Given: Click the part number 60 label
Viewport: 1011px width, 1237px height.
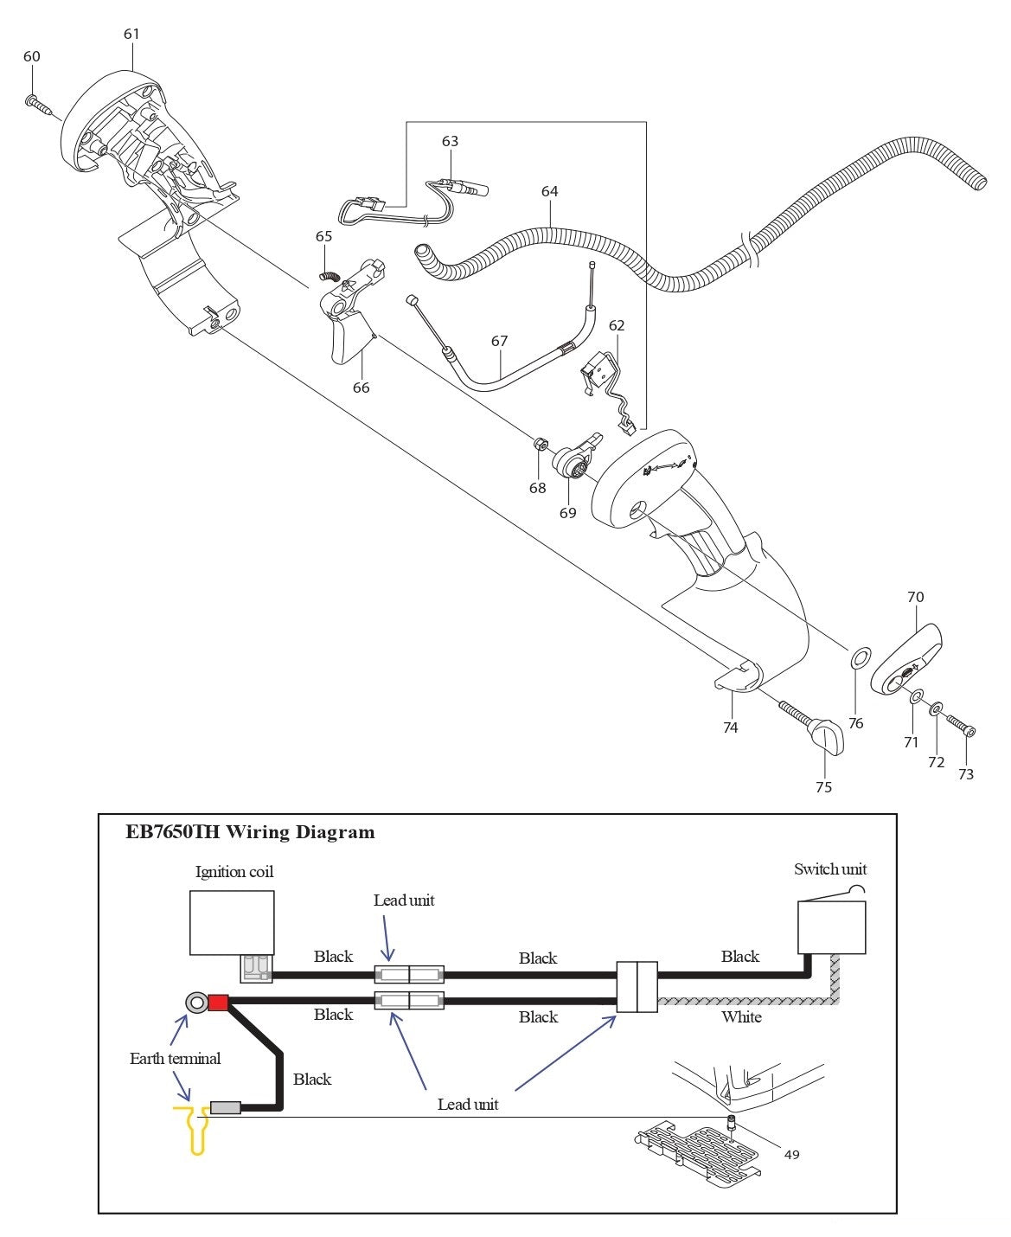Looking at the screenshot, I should point(31,57).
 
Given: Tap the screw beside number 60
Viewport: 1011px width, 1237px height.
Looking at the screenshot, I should point(37,106).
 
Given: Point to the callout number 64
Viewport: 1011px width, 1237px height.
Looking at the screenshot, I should point(550,191).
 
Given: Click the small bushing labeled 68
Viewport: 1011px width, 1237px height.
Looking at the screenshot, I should point(538,445).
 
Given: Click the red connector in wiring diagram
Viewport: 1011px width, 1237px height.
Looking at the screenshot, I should point(217,1003).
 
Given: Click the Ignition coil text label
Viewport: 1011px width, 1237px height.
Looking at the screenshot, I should point(234,872).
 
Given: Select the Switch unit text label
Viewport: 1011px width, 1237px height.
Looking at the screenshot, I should point(829,869).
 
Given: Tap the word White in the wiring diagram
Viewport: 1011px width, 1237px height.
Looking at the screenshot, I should point(741,1017).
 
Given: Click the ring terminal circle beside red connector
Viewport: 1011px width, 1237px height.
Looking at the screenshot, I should point(195,1003).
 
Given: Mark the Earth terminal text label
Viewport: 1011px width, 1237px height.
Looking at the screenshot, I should point(175,1059).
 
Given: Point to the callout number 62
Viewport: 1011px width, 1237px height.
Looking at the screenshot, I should point(616,326).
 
